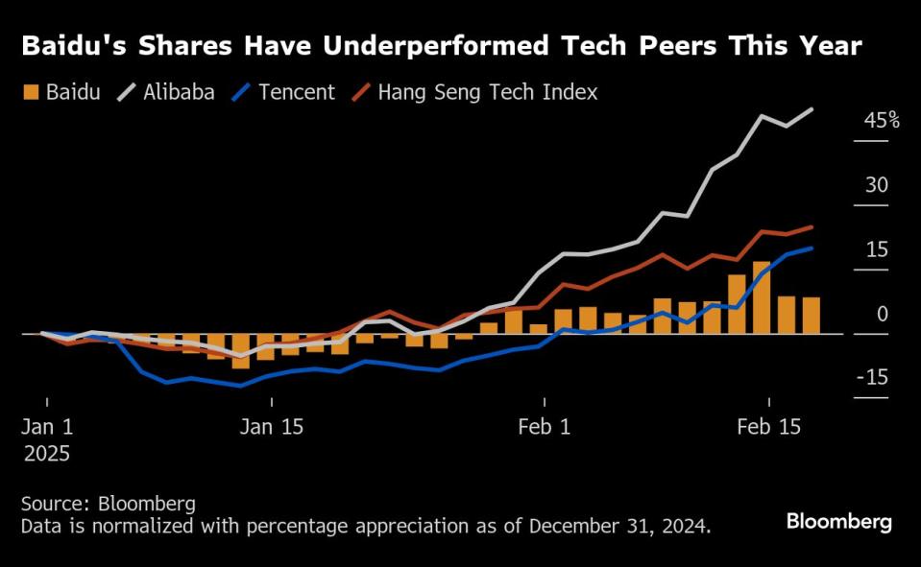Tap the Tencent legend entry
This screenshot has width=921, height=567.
(284, 92)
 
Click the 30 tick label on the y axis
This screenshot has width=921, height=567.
(876, 185)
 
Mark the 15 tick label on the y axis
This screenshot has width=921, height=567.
(876, 249)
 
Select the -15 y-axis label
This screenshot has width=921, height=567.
(872, 378)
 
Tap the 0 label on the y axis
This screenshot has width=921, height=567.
(882, 314)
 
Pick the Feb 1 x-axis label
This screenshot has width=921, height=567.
(544, 427)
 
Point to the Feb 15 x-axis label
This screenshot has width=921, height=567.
(768, 427)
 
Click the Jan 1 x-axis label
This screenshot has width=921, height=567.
(47, 427)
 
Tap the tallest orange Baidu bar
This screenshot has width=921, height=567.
(762, 297)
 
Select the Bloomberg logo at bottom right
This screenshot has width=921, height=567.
(838, 522)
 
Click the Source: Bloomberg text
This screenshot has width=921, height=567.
(108, 503)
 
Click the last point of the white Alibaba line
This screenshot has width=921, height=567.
(812, 109)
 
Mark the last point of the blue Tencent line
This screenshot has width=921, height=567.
(812, 248)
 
